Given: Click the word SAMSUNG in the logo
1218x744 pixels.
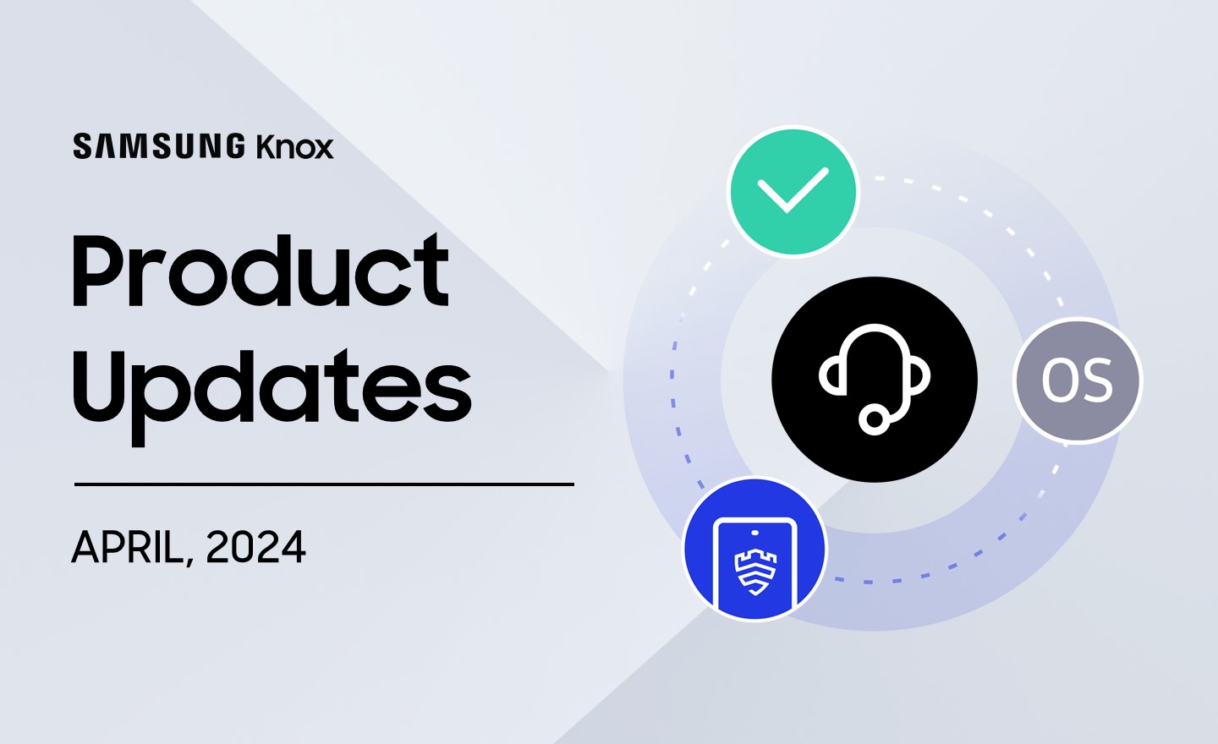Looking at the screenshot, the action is coord(159,146).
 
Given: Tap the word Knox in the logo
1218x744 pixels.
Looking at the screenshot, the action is coord(294,146).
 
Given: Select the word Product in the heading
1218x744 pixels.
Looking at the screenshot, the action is coord(261,270).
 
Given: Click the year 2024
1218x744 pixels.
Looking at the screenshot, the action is coord(255,547).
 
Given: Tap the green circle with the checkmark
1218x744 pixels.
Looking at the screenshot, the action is coord(793,192).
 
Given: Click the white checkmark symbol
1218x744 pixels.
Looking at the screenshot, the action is coord(793,190).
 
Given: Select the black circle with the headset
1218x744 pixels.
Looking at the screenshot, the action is coord(875,380).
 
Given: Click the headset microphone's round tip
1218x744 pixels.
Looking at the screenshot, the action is coord(874,419).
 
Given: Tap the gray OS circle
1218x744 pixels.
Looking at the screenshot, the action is coord(1078,380).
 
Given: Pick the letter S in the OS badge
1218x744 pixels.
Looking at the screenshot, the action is coord(1095,381).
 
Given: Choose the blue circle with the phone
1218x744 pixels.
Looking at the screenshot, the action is coord(754,549).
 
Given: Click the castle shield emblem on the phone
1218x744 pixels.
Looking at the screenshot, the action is coord(755,572).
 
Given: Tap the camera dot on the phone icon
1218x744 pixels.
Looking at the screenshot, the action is coord(754,532).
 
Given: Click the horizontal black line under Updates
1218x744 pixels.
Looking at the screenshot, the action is coord(324,484).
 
